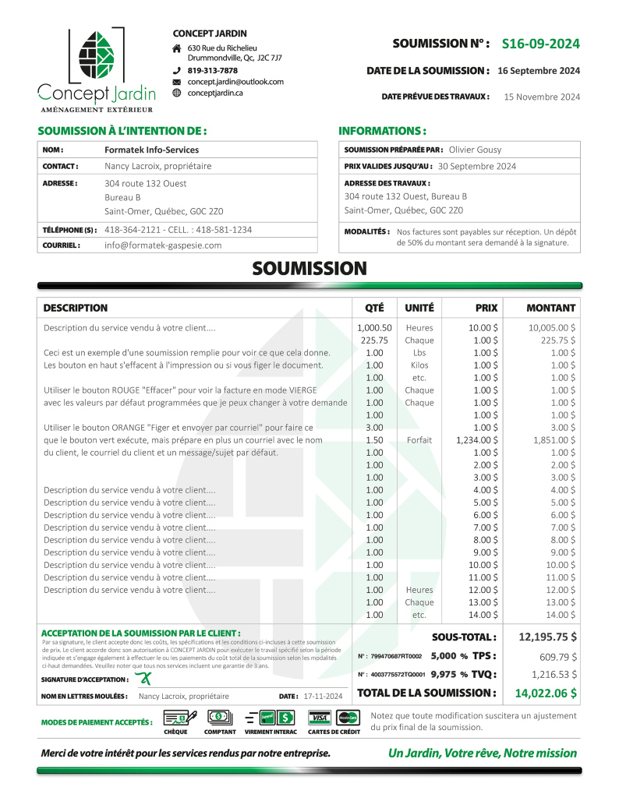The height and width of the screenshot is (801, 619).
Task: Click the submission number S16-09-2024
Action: (540, 44)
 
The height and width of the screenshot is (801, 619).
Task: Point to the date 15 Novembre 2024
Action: (542, 97)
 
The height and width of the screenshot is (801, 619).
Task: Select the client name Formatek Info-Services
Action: (151, 150)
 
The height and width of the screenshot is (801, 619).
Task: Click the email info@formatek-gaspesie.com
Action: (163, 245)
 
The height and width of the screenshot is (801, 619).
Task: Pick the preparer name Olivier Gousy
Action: (476, 150)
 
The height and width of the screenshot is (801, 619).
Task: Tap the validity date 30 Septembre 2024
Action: (477, 166)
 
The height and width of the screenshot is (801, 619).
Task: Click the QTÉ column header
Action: (374, 308)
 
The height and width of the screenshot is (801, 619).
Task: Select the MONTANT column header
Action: (550, 308)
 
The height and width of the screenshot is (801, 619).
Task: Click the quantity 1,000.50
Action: (374, 328)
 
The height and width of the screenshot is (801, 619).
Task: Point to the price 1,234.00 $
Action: (477, 440)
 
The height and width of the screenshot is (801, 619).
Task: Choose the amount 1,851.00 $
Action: (551, 440)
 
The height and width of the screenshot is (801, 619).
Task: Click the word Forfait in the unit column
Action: (419, 440)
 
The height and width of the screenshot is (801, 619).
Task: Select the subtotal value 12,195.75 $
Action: (547, 637)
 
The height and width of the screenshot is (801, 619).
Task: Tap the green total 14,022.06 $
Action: (546, 693)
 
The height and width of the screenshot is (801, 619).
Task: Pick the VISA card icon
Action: (318, 717)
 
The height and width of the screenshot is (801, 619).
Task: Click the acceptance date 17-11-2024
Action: (324, 696)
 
